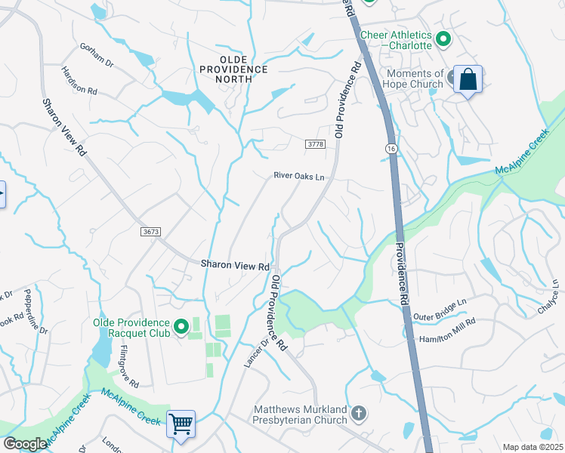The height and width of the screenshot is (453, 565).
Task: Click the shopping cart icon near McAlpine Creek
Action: point(181,424)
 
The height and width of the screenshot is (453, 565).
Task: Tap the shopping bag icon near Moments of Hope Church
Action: point(468,79)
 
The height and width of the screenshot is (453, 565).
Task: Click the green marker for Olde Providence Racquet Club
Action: point(181,327)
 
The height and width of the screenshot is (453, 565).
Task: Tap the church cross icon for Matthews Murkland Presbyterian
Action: point(359,413)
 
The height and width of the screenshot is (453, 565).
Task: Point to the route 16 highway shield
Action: point(390,149)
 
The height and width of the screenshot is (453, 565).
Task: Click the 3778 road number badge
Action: point(315,143)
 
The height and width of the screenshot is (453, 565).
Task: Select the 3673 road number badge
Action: point(150,232)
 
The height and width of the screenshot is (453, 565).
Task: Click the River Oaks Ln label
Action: point(298,177)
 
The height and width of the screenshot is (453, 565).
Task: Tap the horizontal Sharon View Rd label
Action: point(235,266)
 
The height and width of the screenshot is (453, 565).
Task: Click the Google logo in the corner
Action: point(25,444)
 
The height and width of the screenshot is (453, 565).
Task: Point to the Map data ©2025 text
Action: point(533,447)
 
